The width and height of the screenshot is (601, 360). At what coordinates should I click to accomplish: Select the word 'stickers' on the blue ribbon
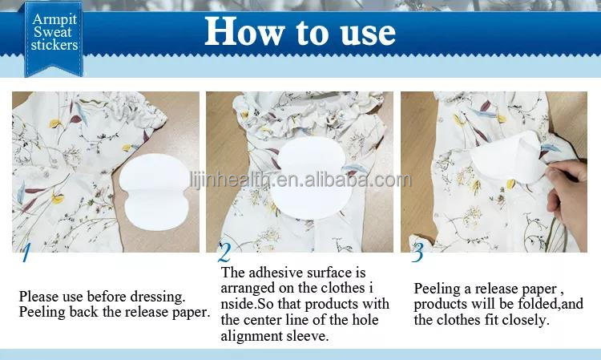(x=54, y=46)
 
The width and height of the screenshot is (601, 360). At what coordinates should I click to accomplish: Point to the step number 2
(x=224, y=254)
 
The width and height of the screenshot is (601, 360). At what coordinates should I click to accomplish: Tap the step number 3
(x=417, y=254)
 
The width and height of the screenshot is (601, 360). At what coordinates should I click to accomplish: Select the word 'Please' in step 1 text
(x=38, y=297)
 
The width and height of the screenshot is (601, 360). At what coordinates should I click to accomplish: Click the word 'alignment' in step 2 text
(x=251, y=336)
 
